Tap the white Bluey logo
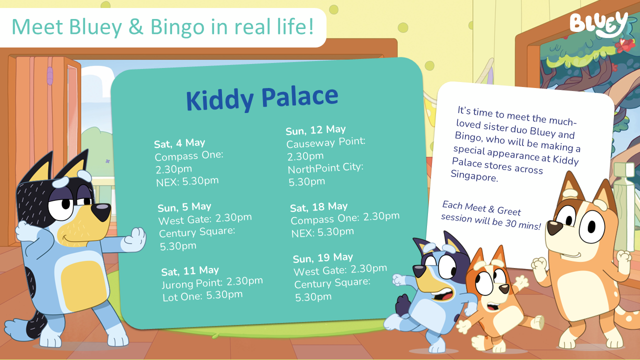coord(598,23)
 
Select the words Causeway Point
coord(325,143)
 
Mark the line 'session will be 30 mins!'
coord(490,221)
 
